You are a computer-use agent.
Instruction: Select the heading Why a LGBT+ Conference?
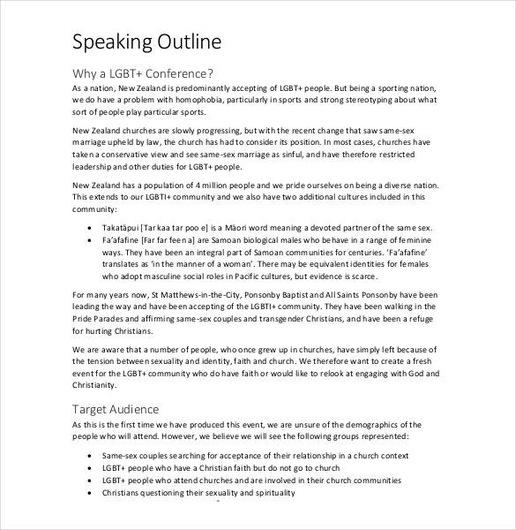tap(142, 73)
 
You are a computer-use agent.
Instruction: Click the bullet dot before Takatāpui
tap(93, 227)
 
